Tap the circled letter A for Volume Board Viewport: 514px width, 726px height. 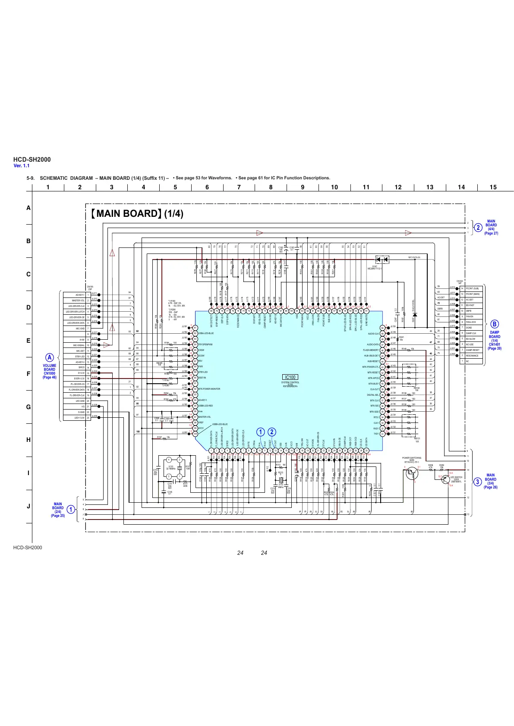[x=50, y=357]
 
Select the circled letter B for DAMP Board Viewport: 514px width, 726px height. [x=495, y=324]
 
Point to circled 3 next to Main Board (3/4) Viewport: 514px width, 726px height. [x=477, y=482]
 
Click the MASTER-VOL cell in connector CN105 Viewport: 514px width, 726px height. [x=78, y=300]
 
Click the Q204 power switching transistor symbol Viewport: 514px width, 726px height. [x=412, y=473]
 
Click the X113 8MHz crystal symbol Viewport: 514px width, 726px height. [x=281, y=481]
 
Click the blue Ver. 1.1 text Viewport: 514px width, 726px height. [x=22, y=166]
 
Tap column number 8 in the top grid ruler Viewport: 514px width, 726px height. [x=271, y=187]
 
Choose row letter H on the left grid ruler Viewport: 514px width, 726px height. [x=28, y=440]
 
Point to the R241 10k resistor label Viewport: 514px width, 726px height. [x=401, y=338]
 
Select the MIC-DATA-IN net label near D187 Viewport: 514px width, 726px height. [x=417, y=257]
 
